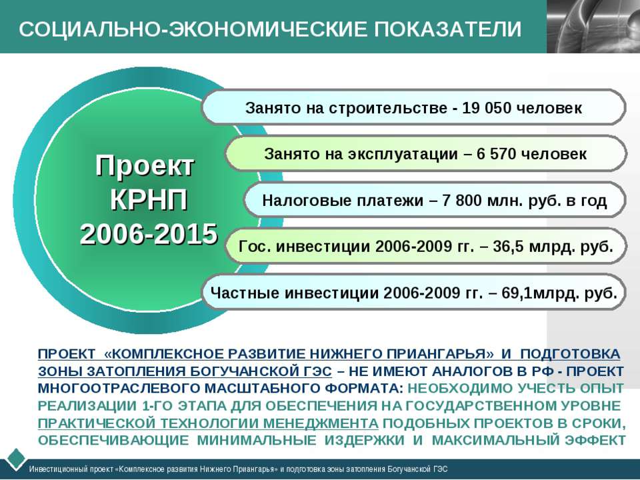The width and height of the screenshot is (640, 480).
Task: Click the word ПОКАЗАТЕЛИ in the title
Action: point(447,29)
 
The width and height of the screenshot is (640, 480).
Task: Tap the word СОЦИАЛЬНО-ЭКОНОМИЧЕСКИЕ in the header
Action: point(193,29)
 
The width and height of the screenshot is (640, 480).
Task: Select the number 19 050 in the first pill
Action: point(487,108)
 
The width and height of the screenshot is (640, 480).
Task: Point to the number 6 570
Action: point(496,154)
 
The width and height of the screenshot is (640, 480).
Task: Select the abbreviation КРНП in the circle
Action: point(149,200)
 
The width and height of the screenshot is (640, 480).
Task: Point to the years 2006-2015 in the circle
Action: point(149,234)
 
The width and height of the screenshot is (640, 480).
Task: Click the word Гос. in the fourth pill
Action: point(255,247)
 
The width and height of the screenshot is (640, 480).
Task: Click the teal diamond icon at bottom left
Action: point(15,459)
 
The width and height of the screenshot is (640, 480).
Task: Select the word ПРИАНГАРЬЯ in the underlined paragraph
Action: point(441,354)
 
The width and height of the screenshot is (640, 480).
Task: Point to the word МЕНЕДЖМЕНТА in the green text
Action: point(320,423)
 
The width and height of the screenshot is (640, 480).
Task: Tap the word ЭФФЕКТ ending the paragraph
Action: point(595,441)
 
